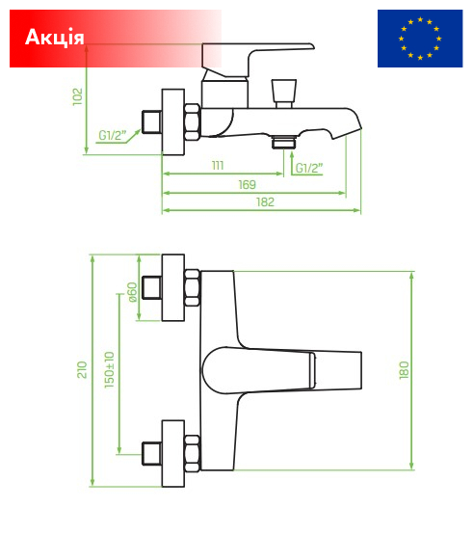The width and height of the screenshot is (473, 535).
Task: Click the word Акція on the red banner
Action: coord(55,37)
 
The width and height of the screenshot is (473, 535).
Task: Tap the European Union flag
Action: coord(420,39)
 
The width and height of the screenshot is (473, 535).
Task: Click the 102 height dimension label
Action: coord(78,96)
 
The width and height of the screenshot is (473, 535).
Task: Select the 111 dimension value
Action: coord(218,166)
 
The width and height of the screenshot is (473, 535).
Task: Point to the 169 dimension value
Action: coord(247,184)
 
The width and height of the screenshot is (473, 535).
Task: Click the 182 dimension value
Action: coord(265,202)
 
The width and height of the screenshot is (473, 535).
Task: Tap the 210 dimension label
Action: coord(82,369)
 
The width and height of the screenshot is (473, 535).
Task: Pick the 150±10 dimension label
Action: coord(109,369)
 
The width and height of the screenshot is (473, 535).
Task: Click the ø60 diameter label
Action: coord(132,292)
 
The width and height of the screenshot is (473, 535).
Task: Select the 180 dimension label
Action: coord(404,370)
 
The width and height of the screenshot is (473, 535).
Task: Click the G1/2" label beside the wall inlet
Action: coord(112,136)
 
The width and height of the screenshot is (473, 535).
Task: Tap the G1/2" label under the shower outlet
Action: coord(309,168)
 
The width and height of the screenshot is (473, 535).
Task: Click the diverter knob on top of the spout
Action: coord(284,94)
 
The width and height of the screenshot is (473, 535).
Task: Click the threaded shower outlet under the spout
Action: coord(284,142)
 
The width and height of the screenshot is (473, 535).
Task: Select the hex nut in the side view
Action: coord(192,121)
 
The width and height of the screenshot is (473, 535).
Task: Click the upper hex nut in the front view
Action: coord(192,287)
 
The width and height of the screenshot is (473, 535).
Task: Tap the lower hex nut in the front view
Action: coord(192,453)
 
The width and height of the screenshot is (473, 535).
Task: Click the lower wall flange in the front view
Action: coord(172,453)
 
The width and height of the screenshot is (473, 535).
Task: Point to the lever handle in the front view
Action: coord(281,370)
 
